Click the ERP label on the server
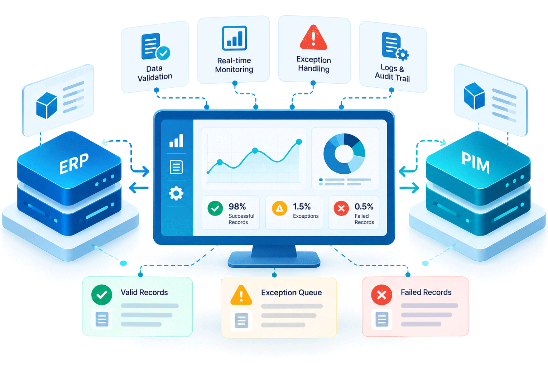[74, 163]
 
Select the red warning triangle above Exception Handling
[313, 38]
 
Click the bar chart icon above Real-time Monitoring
[234, 38]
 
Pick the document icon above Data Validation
[151, 46]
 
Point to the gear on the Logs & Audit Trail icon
[403, 54]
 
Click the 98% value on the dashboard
[237, 207]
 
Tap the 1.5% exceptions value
[302, 207]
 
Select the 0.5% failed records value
[364, 207]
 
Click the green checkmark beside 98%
[215, 208]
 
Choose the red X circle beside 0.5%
[341, 208]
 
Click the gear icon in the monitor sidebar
[176, 193]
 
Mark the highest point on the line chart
[299, 141]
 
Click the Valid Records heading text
[144, 292]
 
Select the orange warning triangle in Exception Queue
[241, 295]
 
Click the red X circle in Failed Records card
[381, 295]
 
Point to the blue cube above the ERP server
[47, 105]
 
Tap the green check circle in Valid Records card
[101, 295]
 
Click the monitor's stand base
[274, 260]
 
